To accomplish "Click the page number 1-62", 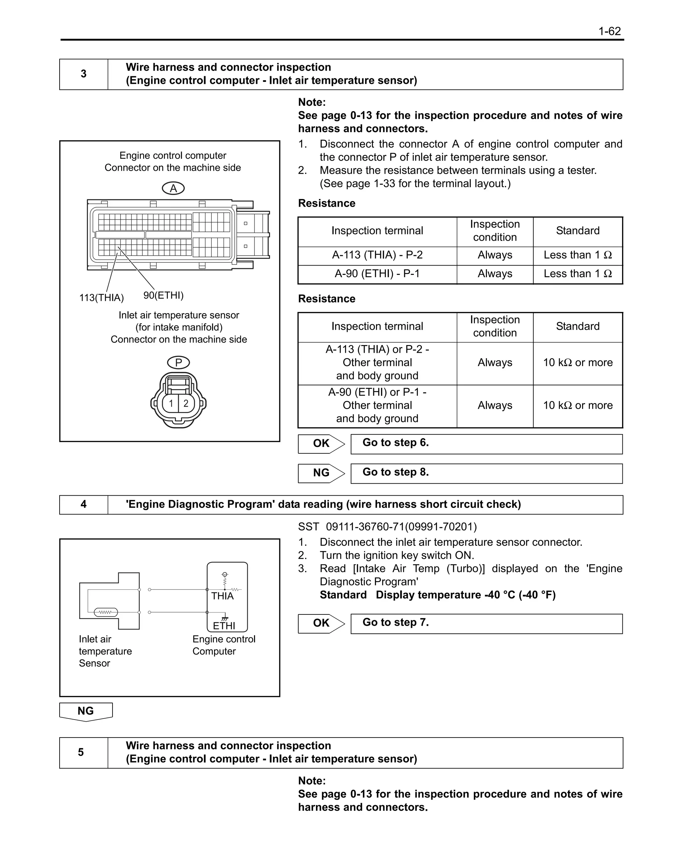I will [609, 31].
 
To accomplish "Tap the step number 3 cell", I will [84, 74].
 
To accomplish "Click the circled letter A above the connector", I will [173, 188].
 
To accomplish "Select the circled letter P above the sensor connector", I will [178, 362].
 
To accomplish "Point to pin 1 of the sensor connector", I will [171, 403].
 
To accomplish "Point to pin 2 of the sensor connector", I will [186, 403].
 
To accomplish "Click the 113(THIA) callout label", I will [102, 298].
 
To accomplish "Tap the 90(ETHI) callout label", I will [163, 295].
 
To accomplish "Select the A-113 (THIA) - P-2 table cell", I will [377, 255].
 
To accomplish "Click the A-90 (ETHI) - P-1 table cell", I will [377, 274].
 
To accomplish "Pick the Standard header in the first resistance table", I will [577, 231].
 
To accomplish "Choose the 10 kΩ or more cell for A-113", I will [577, 362].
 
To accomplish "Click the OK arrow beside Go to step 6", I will [321, 443].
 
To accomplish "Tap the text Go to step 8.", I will [395, 472].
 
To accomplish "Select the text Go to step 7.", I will [395, 623].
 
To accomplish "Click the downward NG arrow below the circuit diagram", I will [86, 712].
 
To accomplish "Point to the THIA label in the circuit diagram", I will [222, 596].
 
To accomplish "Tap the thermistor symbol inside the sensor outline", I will [106, 612].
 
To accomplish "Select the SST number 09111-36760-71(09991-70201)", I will [401, 527].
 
